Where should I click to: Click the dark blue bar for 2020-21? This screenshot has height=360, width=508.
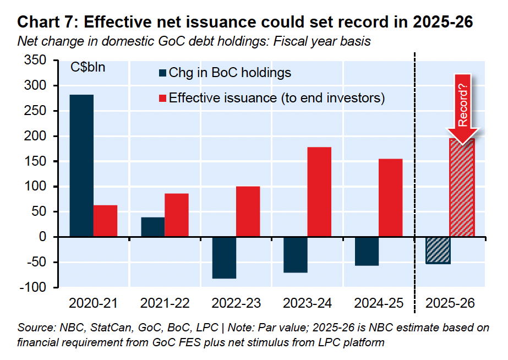coord(81,166)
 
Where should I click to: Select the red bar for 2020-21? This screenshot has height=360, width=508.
coord(105,221)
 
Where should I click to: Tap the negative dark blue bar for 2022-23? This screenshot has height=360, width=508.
coord(224,258)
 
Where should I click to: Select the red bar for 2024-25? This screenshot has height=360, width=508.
coord(390,198)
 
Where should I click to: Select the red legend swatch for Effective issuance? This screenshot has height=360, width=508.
coord(162,98)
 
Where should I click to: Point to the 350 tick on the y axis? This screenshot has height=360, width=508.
coord(42,61)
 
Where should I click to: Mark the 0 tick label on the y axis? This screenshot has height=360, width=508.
coord(49,237)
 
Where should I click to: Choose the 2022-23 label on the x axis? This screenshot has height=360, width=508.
coord(236,303)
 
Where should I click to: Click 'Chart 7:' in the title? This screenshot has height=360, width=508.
coord(47,23)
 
